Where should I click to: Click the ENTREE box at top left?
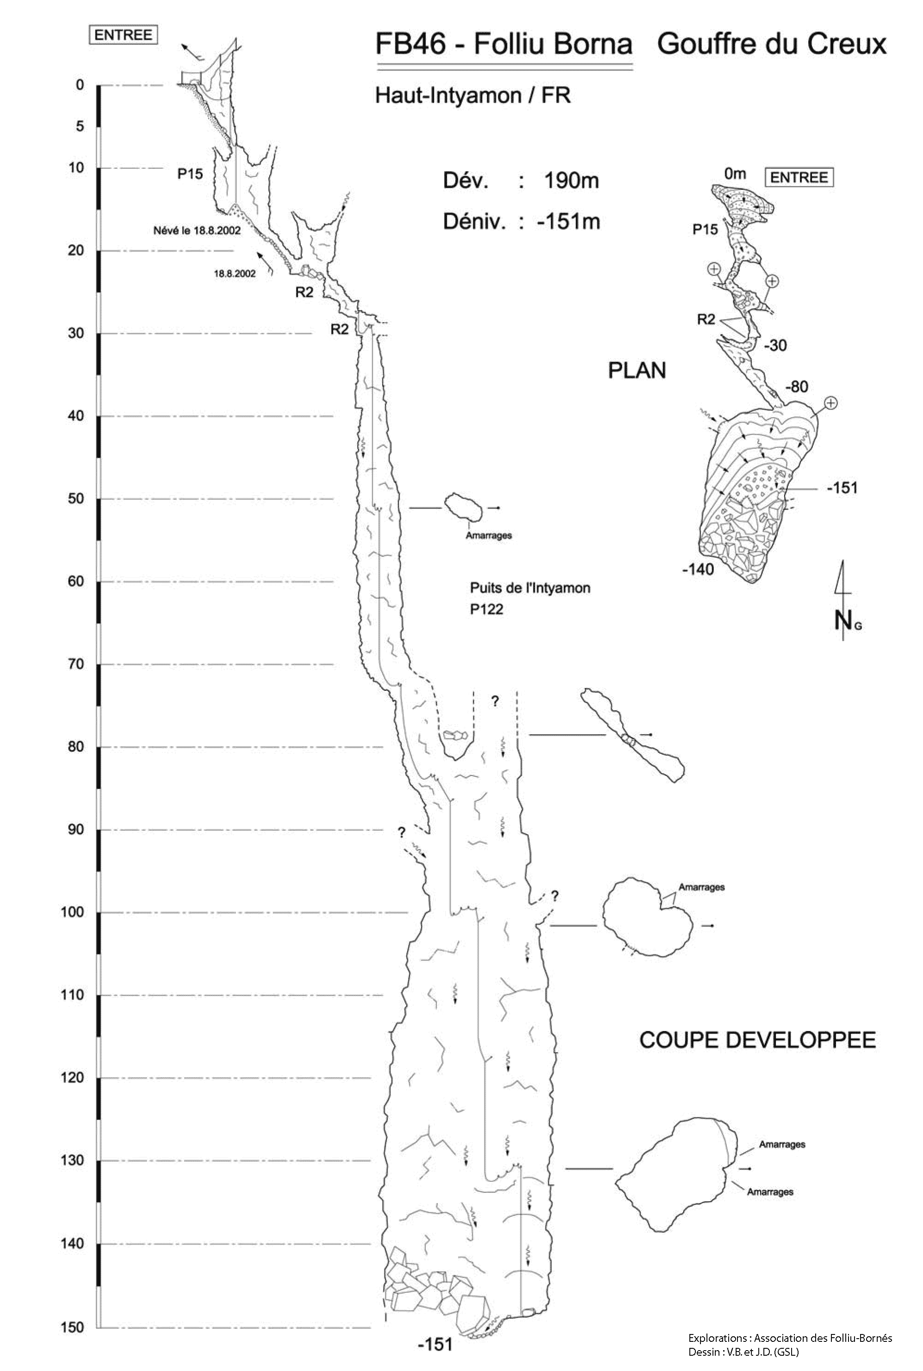tap(123, 35)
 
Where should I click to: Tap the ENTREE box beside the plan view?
tap(799, 177)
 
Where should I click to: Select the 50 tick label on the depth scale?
tap(76, 499)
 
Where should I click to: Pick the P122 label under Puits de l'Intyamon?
tap(487, 609)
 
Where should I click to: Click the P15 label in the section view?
tap(190, 174)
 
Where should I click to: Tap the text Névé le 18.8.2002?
tap(197, 231)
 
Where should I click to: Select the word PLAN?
tap(637, 371)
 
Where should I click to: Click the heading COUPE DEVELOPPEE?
tap(757, 1040)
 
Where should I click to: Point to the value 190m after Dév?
tap(571, 181)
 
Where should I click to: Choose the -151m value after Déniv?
tap(568, 222)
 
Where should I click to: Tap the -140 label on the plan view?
tap(698, 569)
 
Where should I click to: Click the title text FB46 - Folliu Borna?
tap(504, 45)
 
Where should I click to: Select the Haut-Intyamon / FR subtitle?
tap(473, 95)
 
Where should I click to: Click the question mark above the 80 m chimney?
tap(495, 701)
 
